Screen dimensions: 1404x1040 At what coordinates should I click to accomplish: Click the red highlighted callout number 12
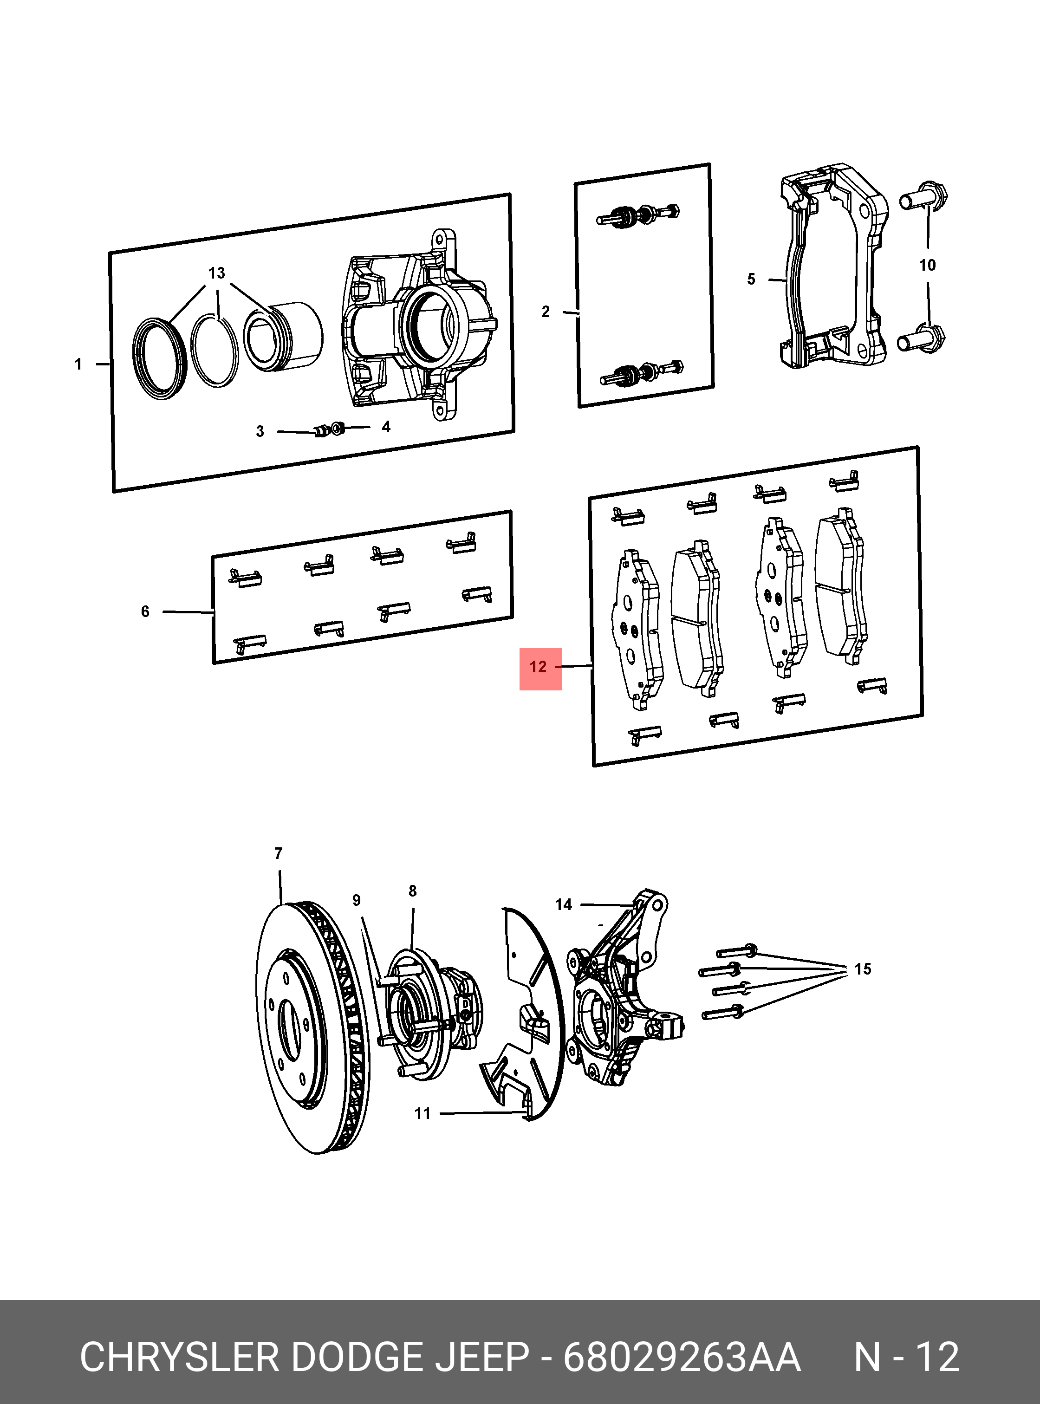(539, 668)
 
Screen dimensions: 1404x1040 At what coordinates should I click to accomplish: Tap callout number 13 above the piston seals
(216, 273)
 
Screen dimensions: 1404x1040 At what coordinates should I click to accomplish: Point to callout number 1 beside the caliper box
(78, 364)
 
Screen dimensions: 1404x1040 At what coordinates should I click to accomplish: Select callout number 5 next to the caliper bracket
(751, 279)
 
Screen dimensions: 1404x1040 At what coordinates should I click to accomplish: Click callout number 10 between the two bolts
(927, 265)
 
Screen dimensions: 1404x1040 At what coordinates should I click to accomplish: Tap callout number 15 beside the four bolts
(863, 969)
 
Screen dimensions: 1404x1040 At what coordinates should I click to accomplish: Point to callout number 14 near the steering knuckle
(564, 905)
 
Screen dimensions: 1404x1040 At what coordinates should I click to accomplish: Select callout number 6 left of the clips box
(145, 611)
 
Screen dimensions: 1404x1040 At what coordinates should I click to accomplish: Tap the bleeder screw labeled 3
(321, 431)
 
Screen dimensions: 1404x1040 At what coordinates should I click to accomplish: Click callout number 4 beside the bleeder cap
(386, 427)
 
